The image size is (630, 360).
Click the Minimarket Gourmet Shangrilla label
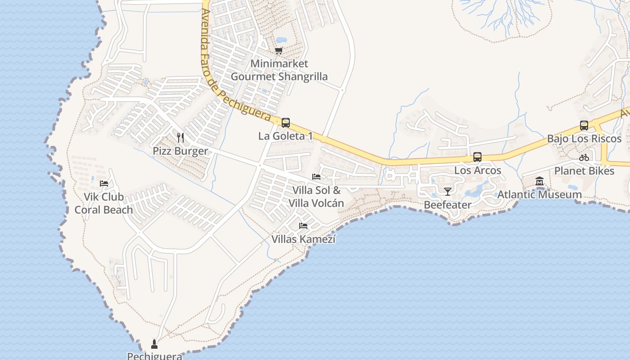(279, 70)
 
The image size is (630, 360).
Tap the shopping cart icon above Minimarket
(279, 51)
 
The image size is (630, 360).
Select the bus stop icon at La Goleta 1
(285, 122)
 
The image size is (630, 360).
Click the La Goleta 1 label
(285, 136)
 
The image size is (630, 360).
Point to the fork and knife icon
(180, 137)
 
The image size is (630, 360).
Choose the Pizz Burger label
(180, 151)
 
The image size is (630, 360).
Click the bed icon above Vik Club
(104, 183)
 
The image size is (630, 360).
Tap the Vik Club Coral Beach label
(103, 203)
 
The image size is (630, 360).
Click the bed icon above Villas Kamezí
(303, 225)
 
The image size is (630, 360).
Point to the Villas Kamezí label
(304, 239)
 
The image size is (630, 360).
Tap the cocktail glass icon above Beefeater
(447, 192)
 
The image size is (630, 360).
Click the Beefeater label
(448, 205)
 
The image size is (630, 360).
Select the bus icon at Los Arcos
(477, 157)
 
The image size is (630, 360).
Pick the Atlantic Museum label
(539, 195)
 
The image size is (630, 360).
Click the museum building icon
(540, 181)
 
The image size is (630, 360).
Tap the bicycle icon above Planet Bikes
(584, 157)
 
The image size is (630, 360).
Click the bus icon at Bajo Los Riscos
(584, 126)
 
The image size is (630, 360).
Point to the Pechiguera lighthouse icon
(154, 344)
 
